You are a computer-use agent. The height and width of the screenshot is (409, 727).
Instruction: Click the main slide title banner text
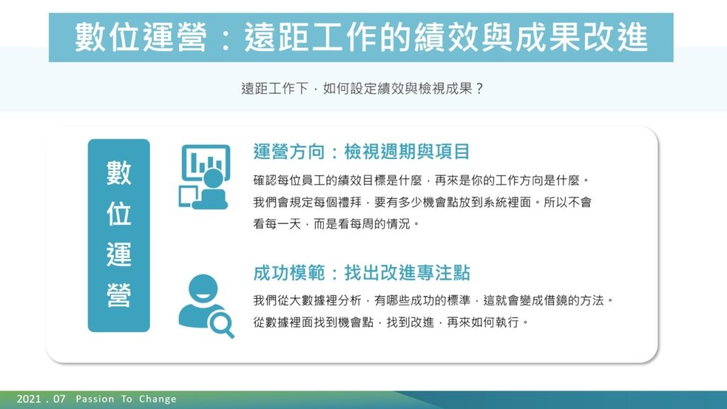(x=361, y=37)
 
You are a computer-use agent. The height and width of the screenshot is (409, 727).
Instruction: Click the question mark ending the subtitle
(x=479, y=89)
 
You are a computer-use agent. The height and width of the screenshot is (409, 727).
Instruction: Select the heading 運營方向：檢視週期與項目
(x=361, y=152)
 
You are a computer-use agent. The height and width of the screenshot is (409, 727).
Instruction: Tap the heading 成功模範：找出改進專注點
(x=361, y=273)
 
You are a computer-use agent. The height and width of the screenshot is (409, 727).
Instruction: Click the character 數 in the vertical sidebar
(x=119, y=173)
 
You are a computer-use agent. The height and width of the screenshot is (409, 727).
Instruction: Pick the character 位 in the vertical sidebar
(x=119, y=214)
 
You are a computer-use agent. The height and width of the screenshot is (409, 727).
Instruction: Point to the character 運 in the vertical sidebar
(x=119, y=255)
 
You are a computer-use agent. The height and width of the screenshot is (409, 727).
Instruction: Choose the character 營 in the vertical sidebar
(x=119, y=295)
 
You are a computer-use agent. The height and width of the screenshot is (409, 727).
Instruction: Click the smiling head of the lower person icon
(x=203, y=288)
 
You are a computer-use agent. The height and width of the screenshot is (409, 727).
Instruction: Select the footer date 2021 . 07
(x=40, y=399)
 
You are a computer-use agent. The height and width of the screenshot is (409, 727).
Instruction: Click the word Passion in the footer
(x=94, y=399)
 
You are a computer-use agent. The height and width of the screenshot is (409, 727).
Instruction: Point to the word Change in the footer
(x=158, y=399)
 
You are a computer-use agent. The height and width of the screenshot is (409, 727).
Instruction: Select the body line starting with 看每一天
(x=336, y=224)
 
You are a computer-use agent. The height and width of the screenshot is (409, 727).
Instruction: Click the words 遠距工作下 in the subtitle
(x=275, y=89)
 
